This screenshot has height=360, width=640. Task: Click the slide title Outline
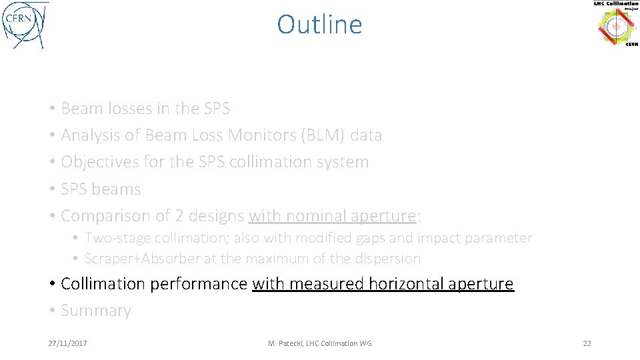point(319,25)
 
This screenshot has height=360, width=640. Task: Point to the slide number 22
point(587,343)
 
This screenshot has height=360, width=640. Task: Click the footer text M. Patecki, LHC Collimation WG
point(320,343)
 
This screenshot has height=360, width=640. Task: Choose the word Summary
point(96,311)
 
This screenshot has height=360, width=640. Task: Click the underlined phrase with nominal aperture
point(332,216)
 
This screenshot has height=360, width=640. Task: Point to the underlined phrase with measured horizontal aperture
point(383,284)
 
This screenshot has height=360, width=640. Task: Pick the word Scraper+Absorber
point(142,259)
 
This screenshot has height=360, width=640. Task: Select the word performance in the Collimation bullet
point(199,284)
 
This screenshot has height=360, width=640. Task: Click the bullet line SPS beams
point(101,189)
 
